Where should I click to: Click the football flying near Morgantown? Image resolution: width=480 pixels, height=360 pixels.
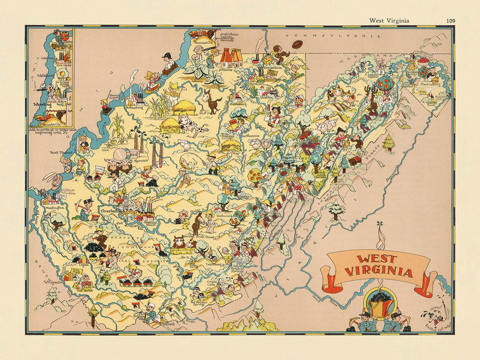[x=297, y=45]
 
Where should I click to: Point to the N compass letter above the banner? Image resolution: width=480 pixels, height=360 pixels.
[x=379, y=223]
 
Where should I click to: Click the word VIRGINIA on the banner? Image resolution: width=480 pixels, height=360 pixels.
[x=379, y=273]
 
